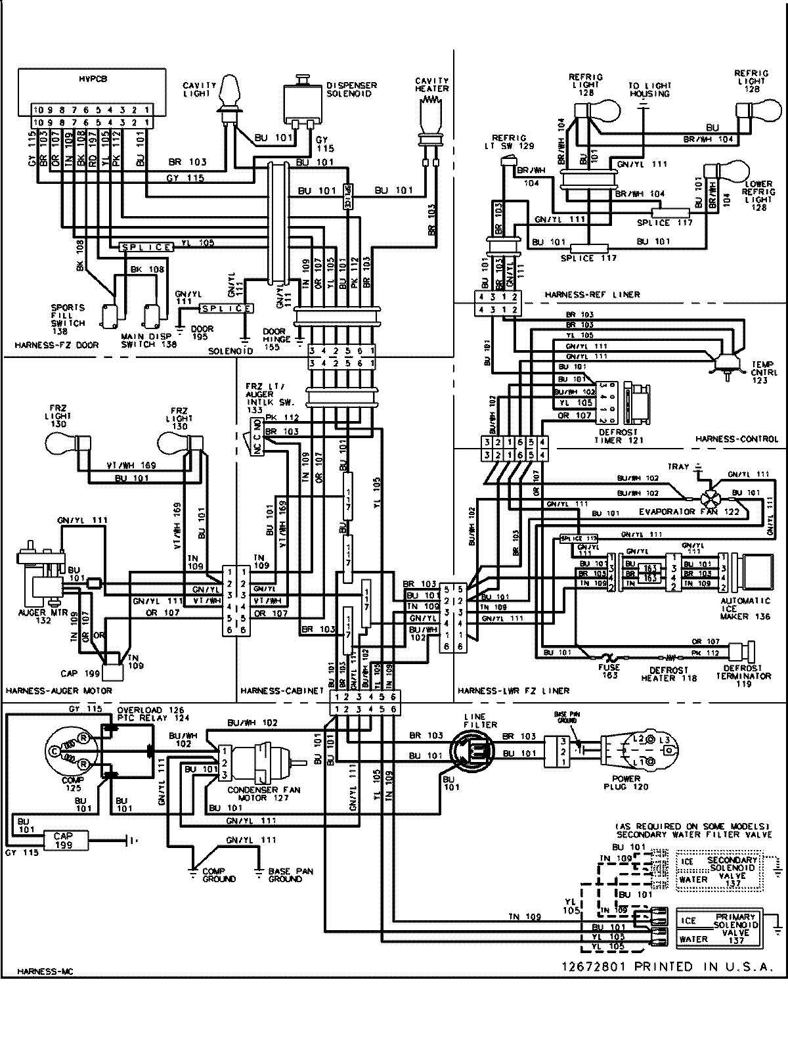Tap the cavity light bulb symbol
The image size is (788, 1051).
point(229,92)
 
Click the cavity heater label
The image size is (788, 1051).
point(431,84)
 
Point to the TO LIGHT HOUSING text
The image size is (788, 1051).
point(648,89)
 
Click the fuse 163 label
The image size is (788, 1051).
point(609,671)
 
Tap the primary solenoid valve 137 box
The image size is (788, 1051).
point(719,928)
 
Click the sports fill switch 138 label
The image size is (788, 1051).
point(68,315)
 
